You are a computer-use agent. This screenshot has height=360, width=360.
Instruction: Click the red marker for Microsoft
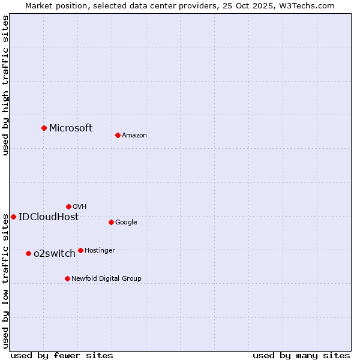(44, 128)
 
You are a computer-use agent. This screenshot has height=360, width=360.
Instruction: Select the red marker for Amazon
(118, 135)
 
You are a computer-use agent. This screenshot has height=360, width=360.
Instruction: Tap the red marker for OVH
(68, 206)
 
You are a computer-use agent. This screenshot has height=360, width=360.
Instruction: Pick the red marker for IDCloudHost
(13, 217)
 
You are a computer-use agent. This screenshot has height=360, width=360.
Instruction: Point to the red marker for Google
(111, 222)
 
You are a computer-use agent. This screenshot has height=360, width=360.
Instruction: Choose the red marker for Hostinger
(80, 250)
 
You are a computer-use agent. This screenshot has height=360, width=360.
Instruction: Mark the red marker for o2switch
(28, 253)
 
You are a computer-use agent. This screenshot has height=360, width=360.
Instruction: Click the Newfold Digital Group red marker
(67, 278)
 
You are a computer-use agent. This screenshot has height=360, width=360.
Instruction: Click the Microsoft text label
(71, 128)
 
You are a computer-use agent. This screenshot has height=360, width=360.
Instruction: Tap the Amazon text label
(134, 135)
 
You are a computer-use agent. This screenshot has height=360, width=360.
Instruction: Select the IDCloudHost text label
(49, 217)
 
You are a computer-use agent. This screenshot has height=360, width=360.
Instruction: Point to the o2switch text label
(55, 253)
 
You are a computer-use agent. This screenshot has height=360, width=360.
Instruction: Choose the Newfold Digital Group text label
(106, 278)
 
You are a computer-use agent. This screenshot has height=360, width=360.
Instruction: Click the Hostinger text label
(100, 250)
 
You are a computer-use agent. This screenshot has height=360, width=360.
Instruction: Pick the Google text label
(126, 222)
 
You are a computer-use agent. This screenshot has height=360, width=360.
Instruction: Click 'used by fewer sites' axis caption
(62, 355)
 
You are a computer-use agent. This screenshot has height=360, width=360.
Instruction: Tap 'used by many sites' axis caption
(301, 355)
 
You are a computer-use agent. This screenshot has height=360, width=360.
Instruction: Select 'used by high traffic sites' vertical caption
(5, 85)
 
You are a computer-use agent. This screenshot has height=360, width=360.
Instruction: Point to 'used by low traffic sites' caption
(5, 281)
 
